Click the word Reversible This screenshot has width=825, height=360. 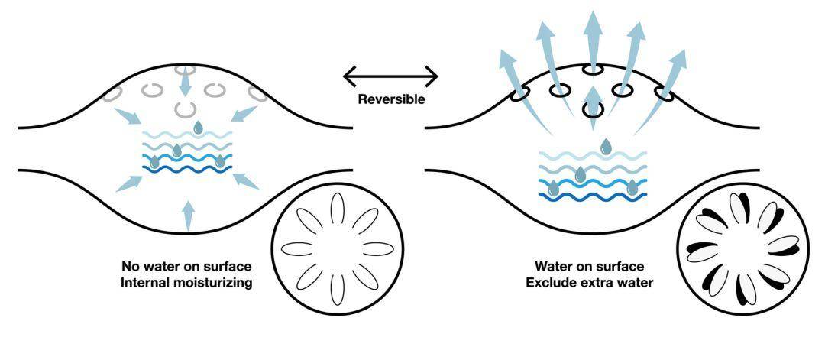pos(391,99)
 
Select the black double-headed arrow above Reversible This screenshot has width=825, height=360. pos(391,76)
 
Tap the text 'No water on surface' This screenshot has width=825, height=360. pos(186,267)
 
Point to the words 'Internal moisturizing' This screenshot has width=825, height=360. pos(186,283)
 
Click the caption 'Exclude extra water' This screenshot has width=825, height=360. pos(589,283)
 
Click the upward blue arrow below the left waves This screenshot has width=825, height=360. pos(187,215)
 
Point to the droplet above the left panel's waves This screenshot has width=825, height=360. pos(198,127)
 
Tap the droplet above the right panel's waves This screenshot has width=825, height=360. pos(606,145)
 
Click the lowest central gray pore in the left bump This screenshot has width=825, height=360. pos(183,109)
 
